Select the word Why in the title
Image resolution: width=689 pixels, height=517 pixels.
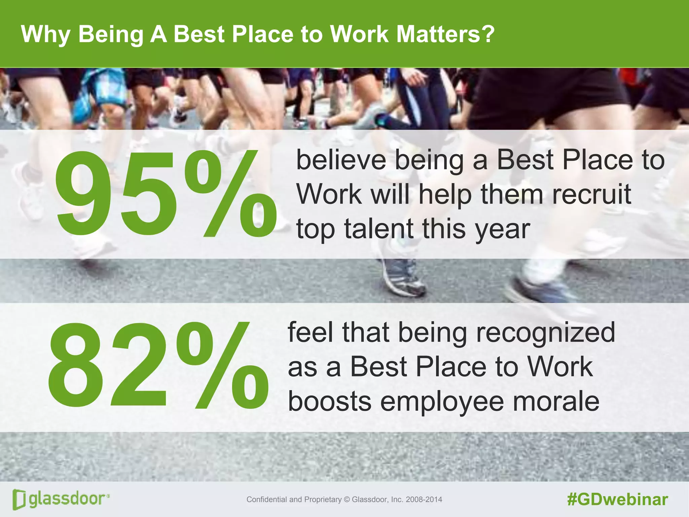pos(46,34)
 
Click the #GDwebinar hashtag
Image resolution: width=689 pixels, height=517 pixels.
pos(617,499)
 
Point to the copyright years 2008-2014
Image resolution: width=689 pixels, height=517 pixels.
pos(424,499)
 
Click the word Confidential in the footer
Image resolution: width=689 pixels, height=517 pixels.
pos(267,499)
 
